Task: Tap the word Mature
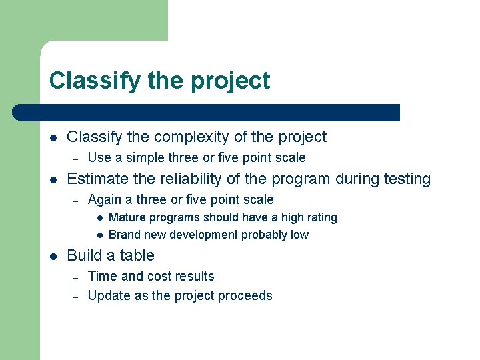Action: click(x=128, y=217)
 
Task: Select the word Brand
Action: click(x=125, y=235)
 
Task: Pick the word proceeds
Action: click(x=246, y=296)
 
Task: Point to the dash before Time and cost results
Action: click(x=76, y=277)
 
